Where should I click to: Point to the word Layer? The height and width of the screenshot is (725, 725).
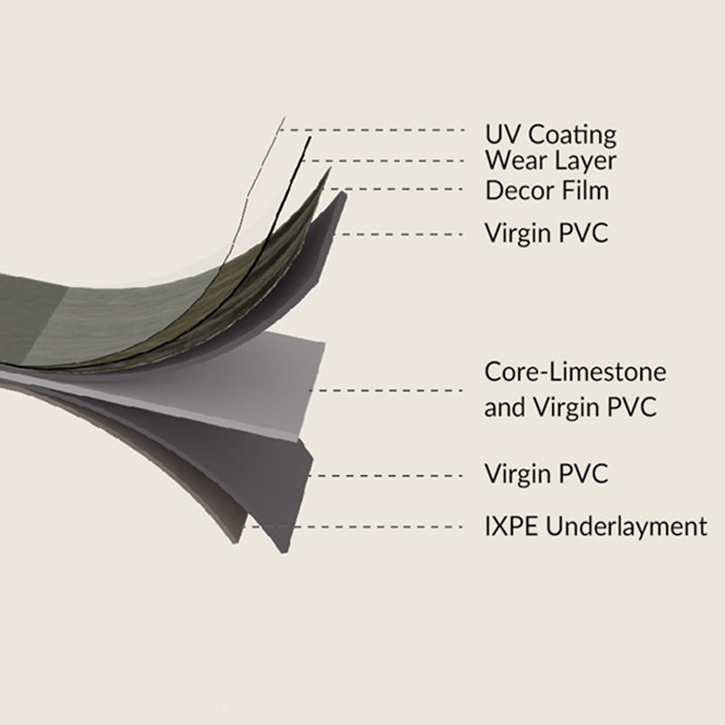click(x=584, y=162)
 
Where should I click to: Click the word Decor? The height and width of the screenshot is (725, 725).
click(x=517, y=190)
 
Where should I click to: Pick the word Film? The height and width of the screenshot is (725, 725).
click(x=582, y=190)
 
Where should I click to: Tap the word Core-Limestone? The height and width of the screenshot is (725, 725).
click(x=575, y=372)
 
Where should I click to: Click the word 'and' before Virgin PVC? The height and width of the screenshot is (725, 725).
click(x=504, y=408)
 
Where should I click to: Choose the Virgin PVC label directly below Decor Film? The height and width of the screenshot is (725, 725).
click(x=546, y=234)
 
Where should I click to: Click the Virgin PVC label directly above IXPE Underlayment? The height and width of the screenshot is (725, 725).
click(x=546, y=473)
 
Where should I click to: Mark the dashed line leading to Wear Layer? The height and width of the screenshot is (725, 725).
click(x=390, y=160)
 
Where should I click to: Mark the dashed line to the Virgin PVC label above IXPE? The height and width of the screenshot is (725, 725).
click(x=390, y=474)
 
